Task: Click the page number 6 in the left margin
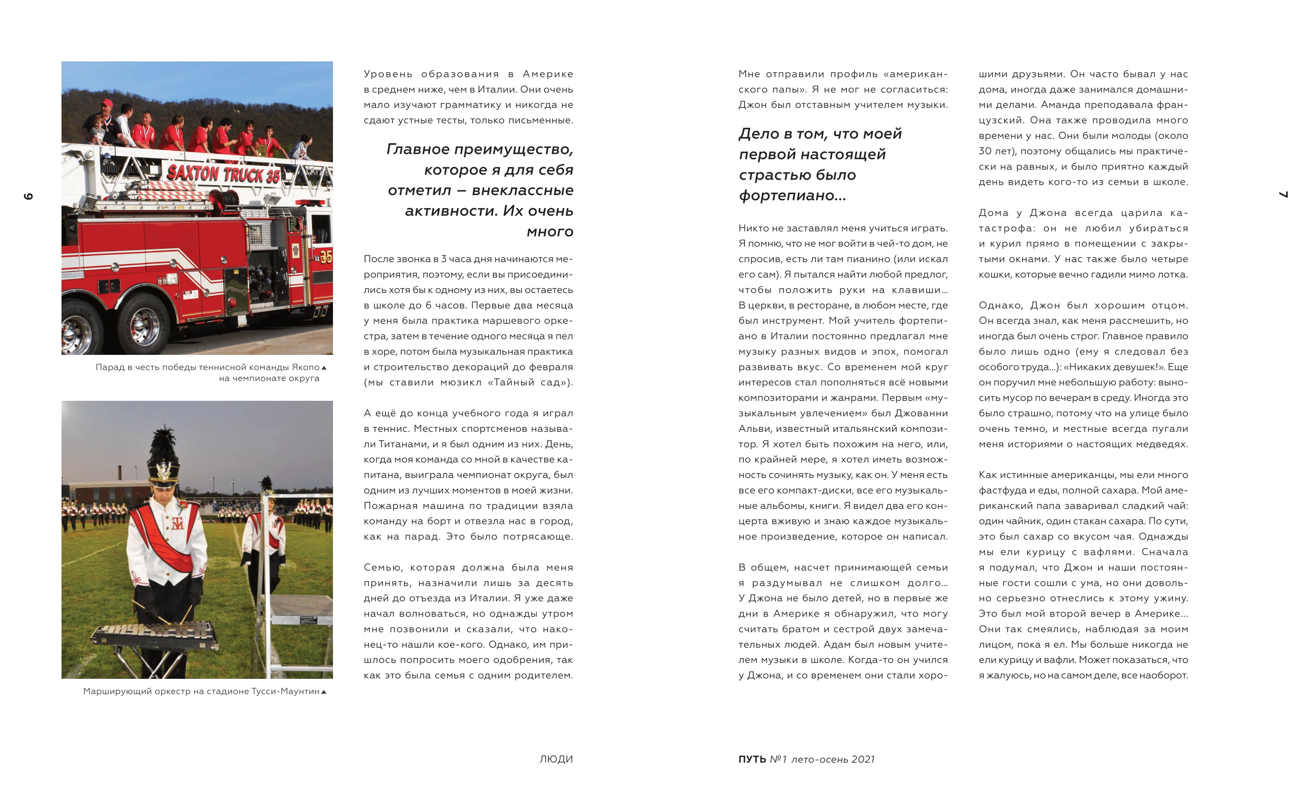28,196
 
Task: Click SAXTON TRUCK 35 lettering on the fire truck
223,174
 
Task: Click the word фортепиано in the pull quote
792,195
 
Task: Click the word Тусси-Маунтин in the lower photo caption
285,691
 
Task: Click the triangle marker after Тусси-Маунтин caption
323,692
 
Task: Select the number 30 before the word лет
985,151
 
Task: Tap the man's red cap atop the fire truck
107,102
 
